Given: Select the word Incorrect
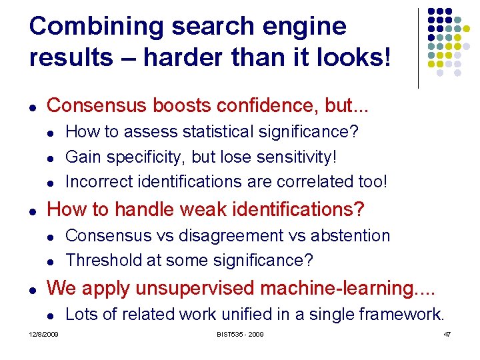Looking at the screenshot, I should coord(99,181).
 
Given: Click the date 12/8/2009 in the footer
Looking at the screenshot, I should coord(43,334).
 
